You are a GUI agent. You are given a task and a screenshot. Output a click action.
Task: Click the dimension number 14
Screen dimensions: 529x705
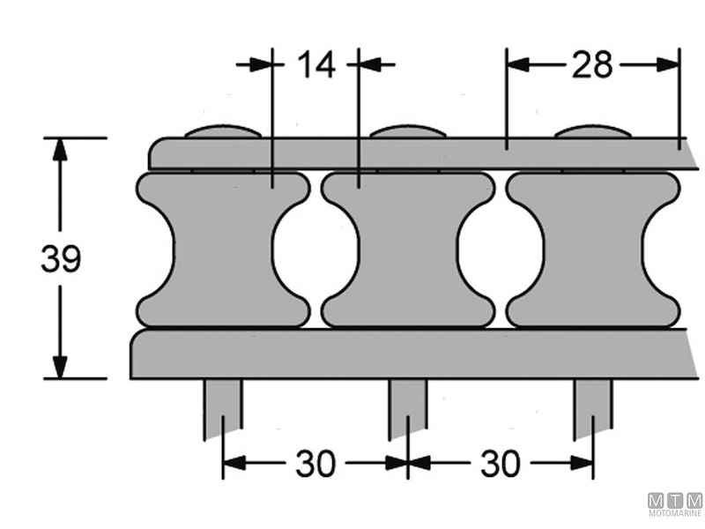pyautogui.click(x=315, y=64)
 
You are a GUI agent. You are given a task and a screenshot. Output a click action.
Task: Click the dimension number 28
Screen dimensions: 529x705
pyautogui.click(x=591, y=64)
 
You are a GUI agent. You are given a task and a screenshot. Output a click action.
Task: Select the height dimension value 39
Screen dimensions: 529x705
pyautogui.click(x=61, y=259)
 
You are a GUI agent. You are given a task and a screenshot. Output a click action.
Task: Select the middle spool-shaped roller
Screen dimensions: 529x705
pyautogui.click(x=408, y=250)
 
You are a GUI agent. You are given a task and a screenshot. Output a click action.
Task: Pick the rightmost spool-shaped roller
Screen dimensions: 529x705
pyautogui.click(x=593, y=250)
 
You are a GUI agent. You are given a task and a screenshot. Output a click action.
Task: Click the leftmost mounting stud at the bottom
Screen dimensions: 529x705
pyautogui.click(x=223, y=407)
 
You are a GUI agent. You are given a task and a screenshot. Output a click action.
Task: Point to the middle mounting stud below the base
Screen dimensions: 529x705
pyautogui.click(x=408, y=407)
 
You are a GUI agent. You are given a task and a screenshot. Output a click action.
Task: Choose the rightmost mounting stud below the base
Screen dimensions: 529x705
pyautogui.click(x=593, y=407)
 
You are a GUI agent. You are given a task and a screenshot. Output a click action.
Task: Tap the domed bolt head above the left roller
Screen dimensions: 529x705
pyautogui.click(x=223, y=132)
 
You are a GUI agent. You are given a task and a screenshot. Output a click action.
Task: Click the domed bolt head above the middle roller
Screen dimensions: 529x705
pyautogui.click(x=408, y=132)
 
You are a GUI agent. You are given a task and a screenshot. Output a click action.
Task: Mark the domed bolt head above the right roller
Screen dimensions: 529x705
pyautogui.click(x=593, y=132)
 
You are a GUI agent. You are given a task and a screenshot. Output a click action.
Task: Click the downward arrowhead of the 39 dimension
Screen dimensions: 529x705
pyautogui.click(x=60, y=367)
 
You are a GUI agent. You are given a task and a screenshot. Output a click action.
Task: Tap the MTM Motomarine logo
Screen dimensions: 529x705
pyautogui.click(x=675, y=503)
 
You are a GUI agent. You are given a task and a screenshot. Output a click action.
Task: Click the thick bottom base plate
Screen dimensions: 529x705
pyautogui.click(x=405, y=354)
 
